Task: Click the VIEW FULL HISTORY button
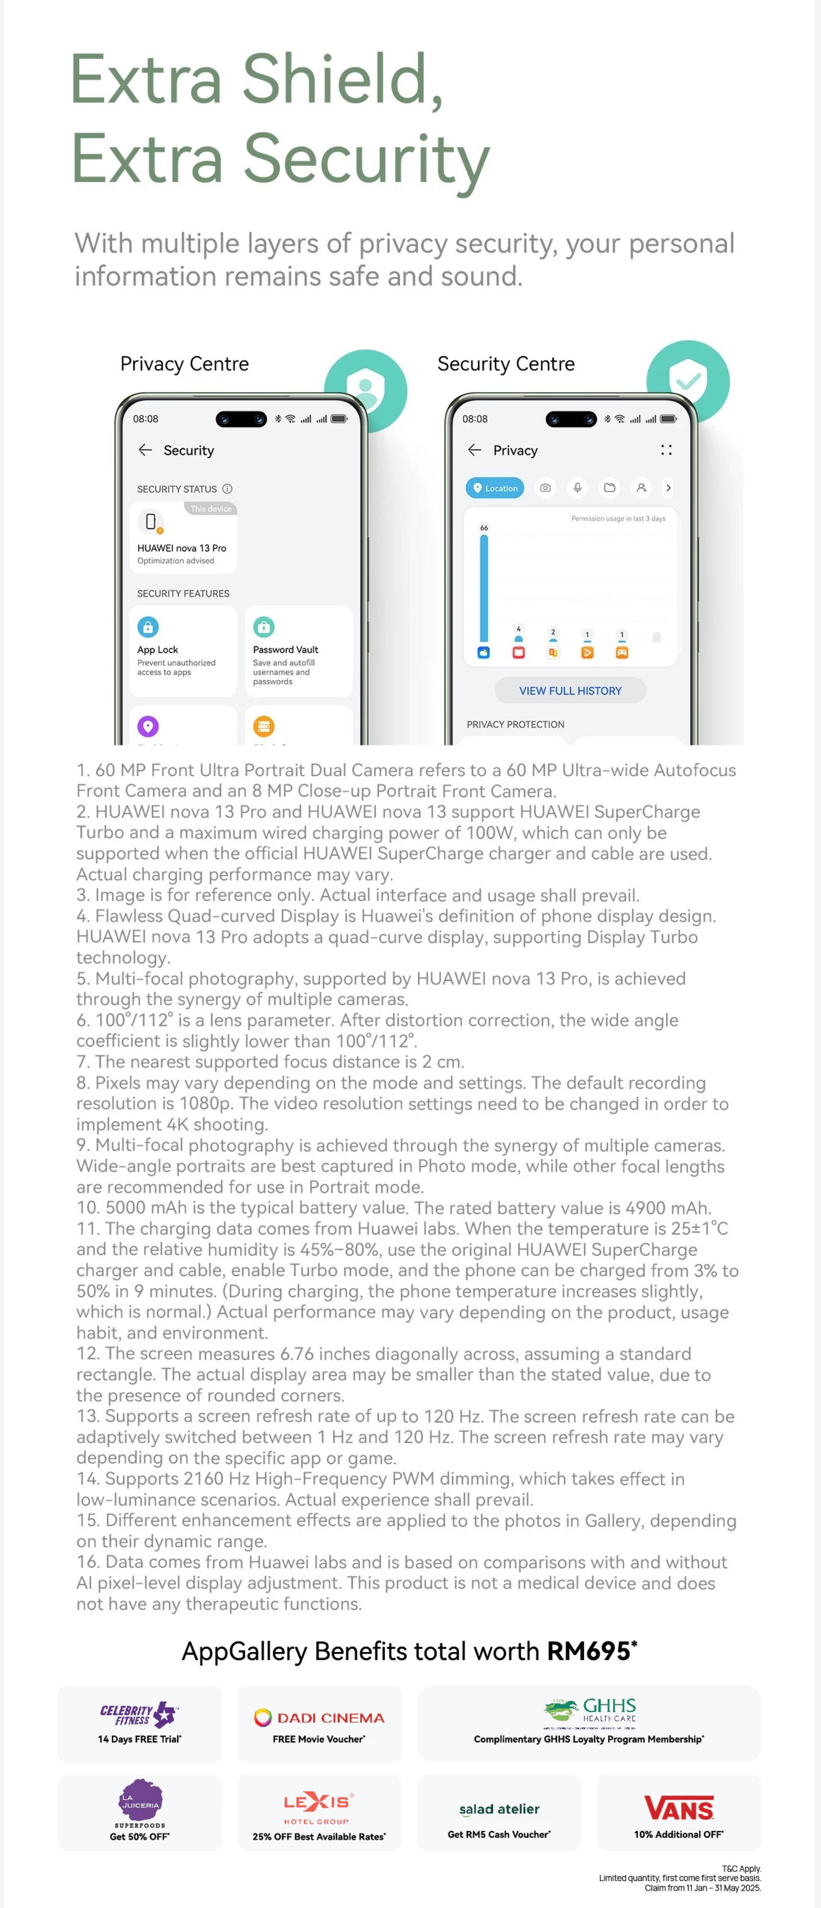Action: (570, 690)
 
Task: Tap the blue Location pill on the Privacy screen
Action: (495, 488)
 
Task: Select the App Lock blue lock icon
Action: (148, 627)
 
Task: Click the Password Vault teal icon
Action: (263, 627)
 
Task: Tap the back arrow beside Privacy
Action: (474, 450)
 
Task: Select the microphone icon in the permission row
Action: (577, 488)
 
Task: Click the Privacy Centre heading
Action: (184, 364)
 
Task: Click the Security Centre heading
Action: (506, 364)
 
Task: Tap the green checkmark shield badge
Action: (688, 381)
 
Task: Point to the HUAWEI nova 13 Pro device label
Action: (182, 548)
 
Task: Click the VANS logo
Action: (679, 1808)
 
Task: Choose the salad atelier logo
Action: (499, 1809)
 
